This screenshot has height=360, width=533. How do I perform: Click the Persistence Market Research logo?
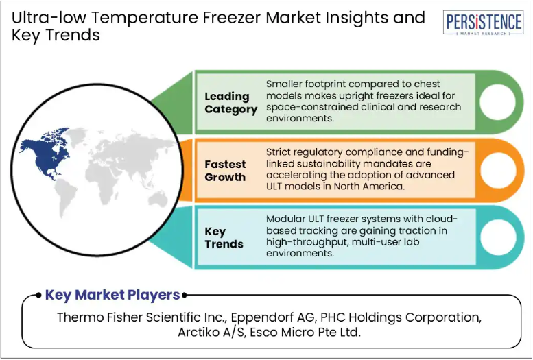click(483, 23)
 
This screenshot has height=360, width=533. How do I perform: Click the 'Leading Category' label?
click(230, 103)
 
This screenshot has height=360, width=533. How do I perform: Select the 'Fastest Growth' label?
click(225, 171)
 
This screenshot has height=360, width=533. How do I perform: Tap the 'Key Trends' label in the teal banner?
click(224, 238)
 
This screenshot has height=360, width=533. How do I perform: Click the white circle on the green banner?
click(497, 102)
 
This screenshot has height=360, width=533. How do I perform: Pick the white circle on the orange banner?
click(497, 170)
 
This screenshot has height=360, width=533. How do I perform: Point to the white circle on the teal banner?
click(497, 237)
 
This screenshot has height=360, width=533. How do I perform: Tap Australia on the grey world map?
click(158, 199)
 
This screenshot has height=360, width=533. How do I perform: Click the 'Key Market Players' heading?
click(112, 295)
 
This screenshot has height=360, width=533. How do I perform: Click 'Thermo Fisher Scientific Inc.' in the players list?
click(142, 317)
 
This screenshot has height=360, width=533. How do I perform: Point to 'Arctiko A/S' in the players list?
click(211, 332)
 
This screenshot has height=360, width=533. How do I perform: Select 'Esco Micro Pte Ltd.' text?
click(305, 332)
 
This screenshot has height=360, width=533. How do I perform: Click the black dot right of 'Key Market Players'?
click(185, 295)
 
